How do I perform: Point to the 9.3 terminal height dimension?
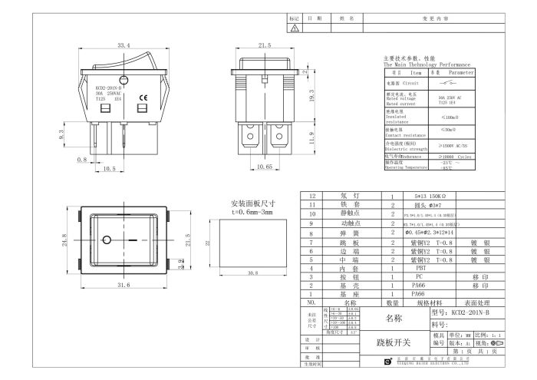(x=62, y=134)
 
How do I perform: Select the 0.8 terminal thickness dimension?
(x=81, y=160)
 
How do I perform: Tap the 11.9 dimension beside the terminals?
(x=310, y=138)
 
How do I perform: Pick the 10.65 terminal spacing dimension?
(x=265, y=166)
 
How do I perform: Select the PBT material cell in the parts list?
(x=420, y=269)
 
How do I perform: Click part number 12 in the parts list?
(x=311, y=196)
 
